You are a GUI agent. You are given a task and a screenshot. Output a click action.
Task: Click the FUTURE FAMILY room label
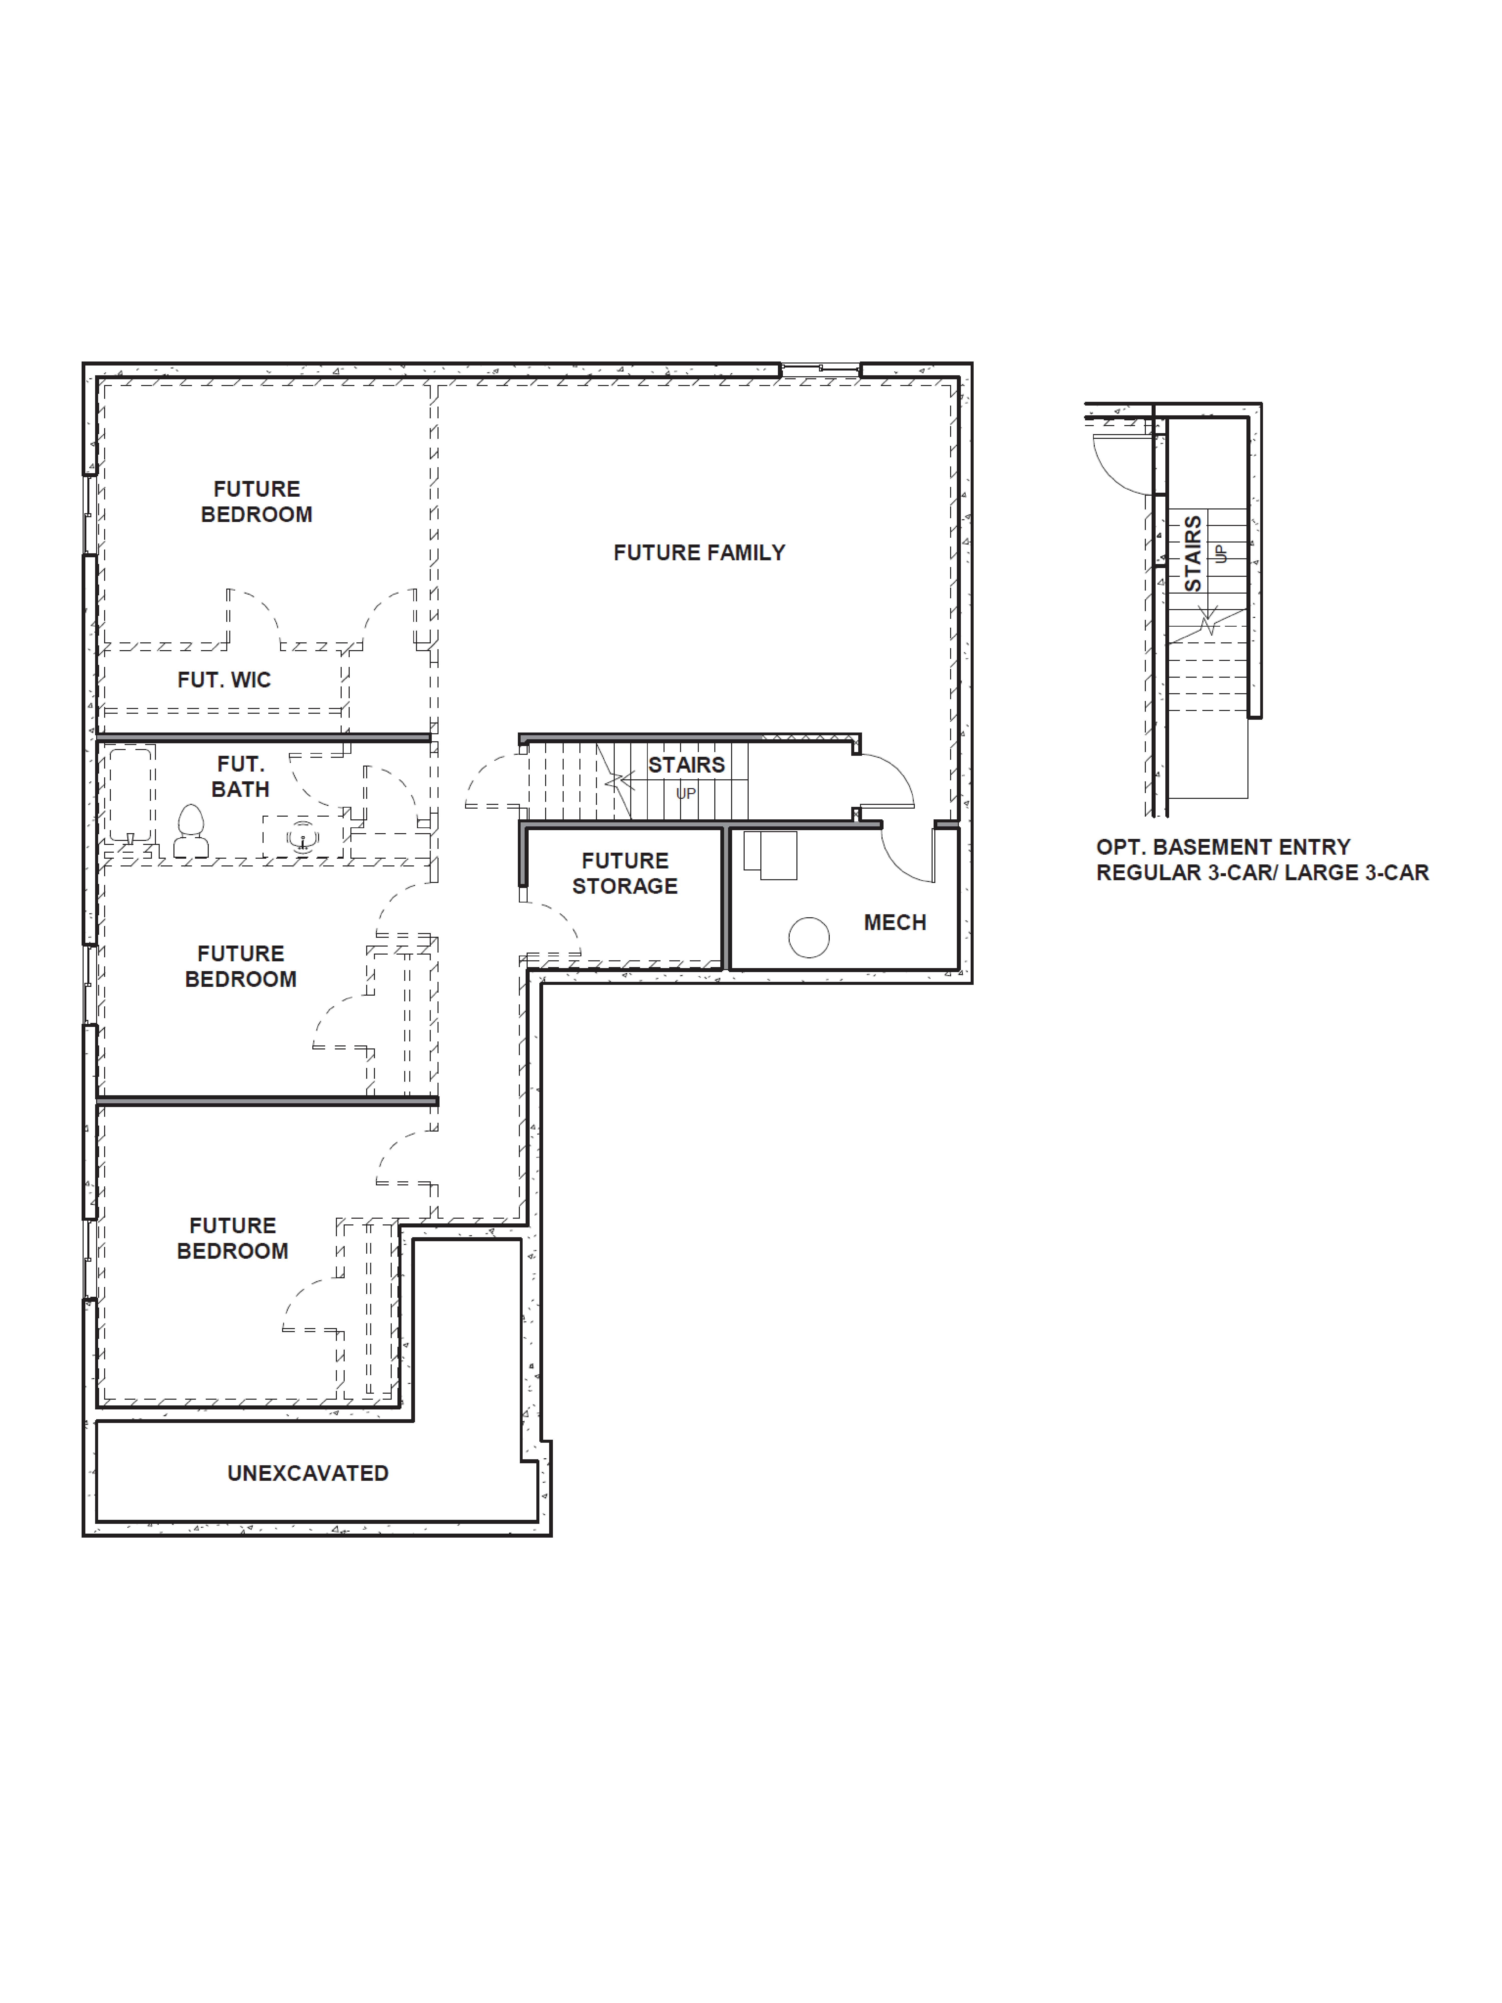699,552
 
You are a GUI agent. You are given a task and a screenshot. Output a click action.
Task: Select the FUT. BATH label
240,777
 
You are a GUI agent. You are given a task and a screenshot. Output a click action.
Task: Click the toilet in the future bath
190,831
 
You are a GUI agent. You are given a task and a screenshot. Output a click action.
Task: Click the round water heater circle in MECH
808,937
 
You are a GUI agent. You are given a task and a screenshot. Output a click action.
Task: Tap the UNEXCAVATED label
308,1473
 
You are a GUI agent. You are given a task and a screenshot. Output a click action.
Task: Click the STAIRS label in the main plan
686,765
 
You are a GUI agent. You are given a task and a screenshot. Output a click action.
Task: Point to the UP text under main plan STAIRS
686,793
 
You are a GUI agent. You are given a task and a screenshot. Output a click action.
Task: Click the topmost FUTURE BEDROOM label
256,502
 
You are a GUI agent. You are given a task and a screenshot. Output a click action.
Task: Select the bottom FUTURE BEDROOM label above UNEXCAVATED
233,1238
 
